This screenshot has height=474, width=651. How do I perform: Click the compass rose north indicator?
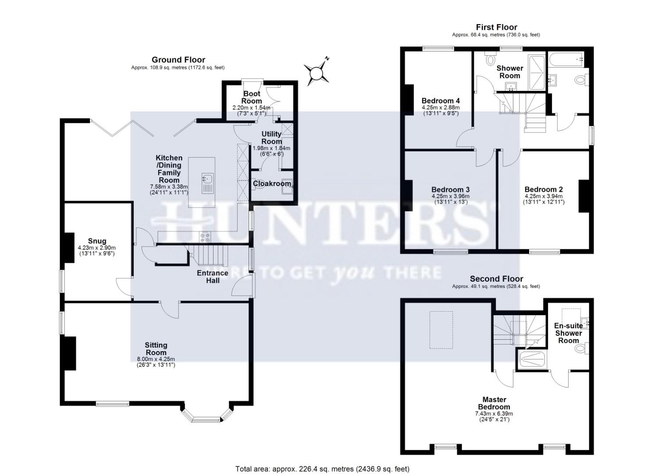pyautogui.click(x=317, y=72)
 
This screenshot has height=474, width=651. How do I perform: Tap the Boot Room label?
pyautogui.click(x=252, y=97)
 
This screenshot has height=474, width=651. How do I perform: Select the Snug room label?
pyautogui.click(x=97, y=241)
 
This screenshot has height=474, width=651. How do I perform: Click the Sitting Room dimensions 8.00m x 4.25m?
pyautogui.click(x=156, y=359)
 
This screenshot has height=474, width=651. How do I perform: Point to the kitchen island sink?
pyautogui.click(x=207, y=179)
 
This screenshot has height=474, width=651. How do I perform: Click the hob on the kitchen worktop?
pyautogui.click(x=205, y=237)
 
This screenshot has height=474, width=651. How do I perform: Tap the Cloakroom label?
pyautogui.click(x=272, y=184)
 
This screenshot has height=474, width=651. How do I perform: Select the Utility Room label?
pyautogui.click(x=271, y=138)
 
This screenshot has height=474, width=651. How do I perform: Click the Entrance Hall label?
pyautogui.click(x=212, y=276)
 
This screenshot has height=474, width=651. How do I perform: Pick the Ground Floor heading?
pyautogui.click(x=178, y=60)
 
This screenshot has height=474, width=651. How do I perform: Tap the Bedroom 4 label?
pyautogui.click(x=441, y=101)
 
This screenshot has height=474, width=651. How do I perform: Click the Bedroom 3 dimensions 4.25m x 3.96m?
pyautogui.click(x=450, y=196)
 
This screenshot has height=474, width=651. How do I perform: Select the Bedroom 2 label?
pyautogui.click(x=543, y=190)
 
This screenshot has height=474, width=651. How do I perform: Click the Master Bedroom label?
pyautogui.click(x=494, y=403)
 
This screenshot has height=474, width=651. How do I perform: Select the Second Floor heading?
pyautogui.click(x=496, y=279)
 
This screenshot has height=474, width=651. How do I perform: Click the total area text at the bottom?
pyautogui.click(x=322, y=469)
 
